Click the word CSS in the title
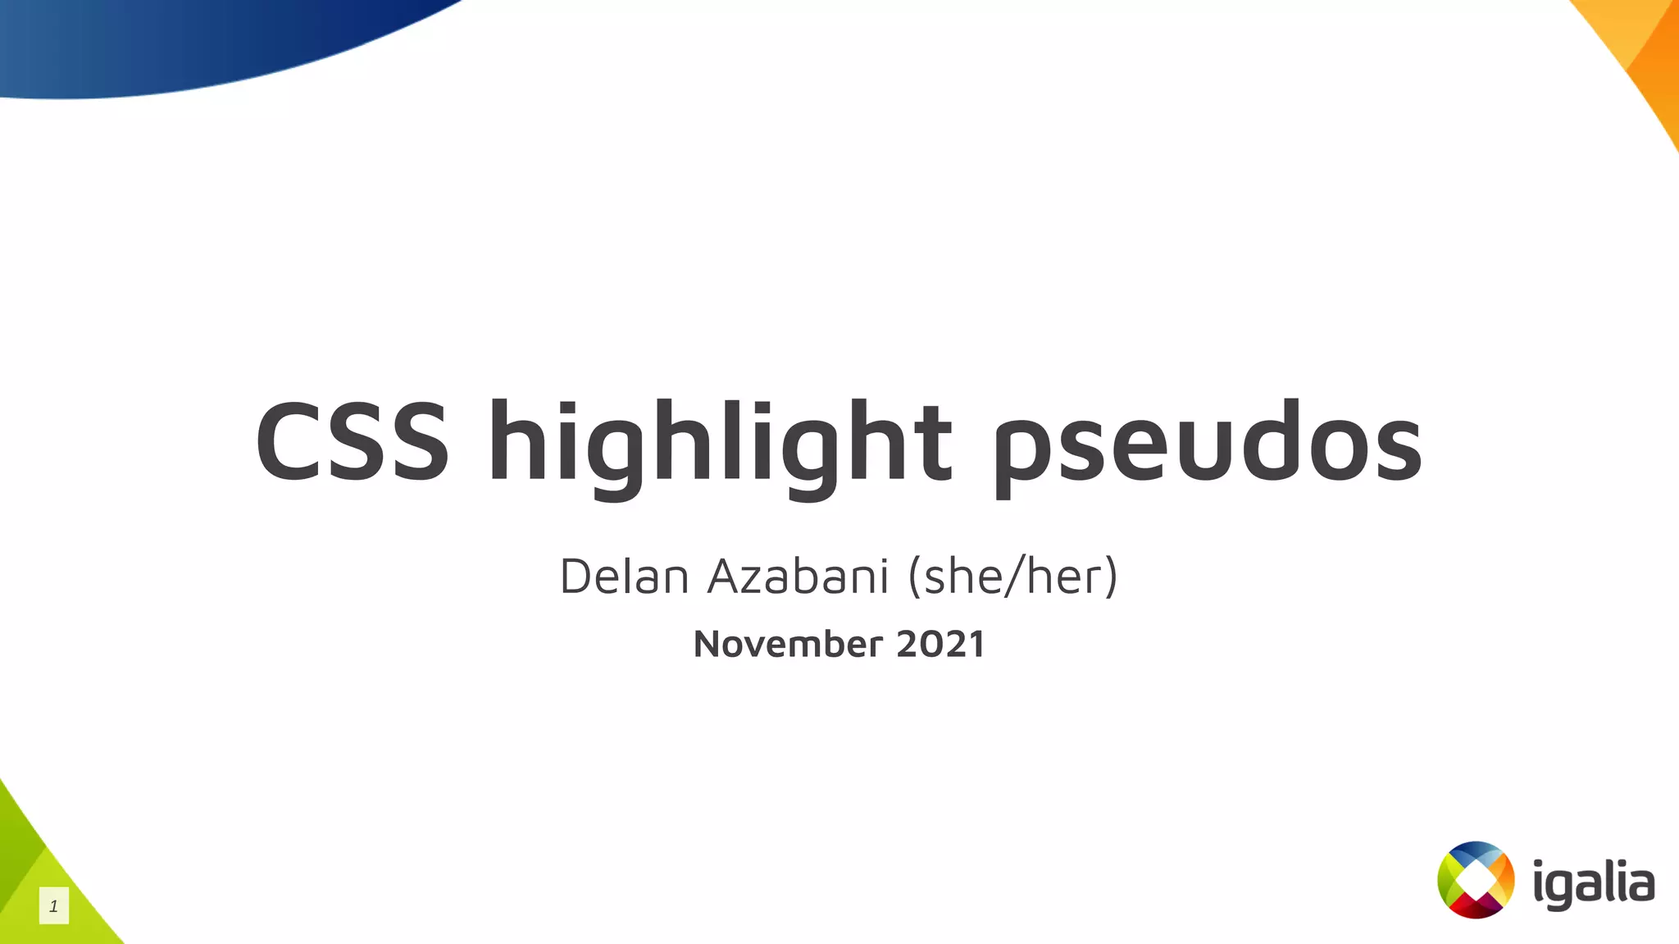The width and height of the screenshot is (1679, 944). [x=353, y=442]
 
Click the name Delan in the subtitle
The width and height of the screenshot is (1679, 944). [x=624, y=576]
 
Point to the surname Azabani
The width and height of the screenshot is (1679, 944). [x=799, y=576]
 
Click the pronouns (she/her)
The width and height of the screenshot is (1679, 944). [x=1012, y=576]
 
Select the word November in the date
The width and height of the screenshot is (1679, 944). [x=788, y=644]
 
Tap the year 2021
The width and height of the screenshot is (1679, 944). [x=940, y=644]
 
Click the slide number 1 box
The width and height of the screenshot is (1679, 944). [x=54, y=906]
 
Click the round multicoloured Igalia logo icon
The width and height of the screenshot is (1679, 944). [x=1476, y=880]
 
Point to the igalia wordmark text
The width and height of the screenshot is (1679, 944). [x=1594, y=884]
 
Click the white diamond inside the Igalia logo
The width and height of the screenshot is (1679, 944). [x=1476, y=880]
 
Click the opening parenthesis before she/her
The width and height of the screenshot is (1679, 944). [x=914, y=576]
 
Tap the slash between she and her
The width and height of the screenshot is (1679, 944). [x=1014, y=576]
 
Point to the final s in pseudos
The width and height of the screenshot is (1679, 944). [x=1397, y=451]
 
